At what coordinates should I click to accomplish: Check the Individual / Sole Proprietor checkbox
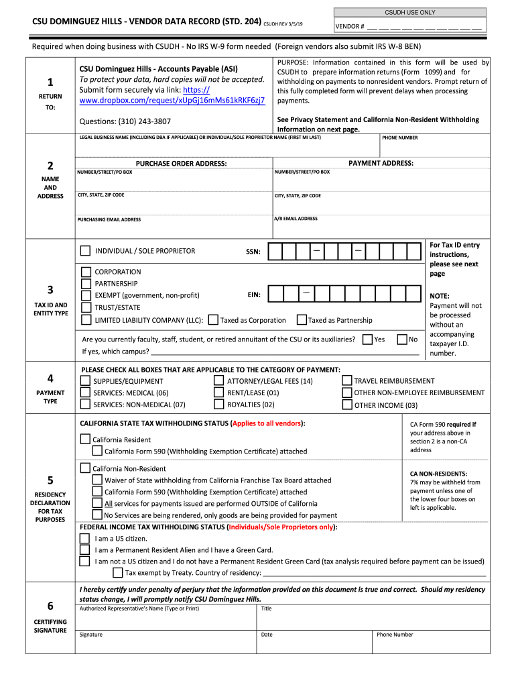[85, 251]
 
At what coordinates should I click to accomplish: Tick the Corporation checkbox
[86, 272]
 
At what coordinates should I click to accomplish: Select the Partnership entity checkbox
[86, 284]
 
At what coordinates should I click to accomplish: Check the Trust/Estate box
[86, 307]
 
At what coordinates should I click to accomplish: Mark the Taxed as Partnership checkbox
[302, 320]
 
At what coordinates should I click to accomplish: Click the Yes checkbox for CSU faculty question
[367, 339]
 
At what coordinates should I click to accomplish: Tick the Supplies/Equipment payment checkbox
[85, 381]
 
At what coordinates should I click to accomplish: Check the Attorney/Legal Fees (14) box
[218, 381]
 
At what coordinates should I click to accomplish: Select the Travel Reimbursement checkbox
[346, 381]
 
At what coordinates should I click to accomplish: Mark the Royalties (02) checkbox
[218, 405]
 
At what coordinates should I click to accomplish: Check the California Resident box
[85, 439]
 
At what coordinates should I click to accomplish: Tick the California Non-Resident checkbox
[85, 468]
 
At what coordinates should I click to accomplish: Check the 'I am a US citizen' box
[84, 539]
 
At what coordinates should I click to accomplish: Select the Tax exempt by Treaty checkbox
[117, 572]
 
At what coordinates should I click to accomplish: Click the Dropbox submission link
[172, 101]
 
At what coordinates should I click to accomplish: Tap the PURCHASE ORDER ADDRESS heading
[181, 164]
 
